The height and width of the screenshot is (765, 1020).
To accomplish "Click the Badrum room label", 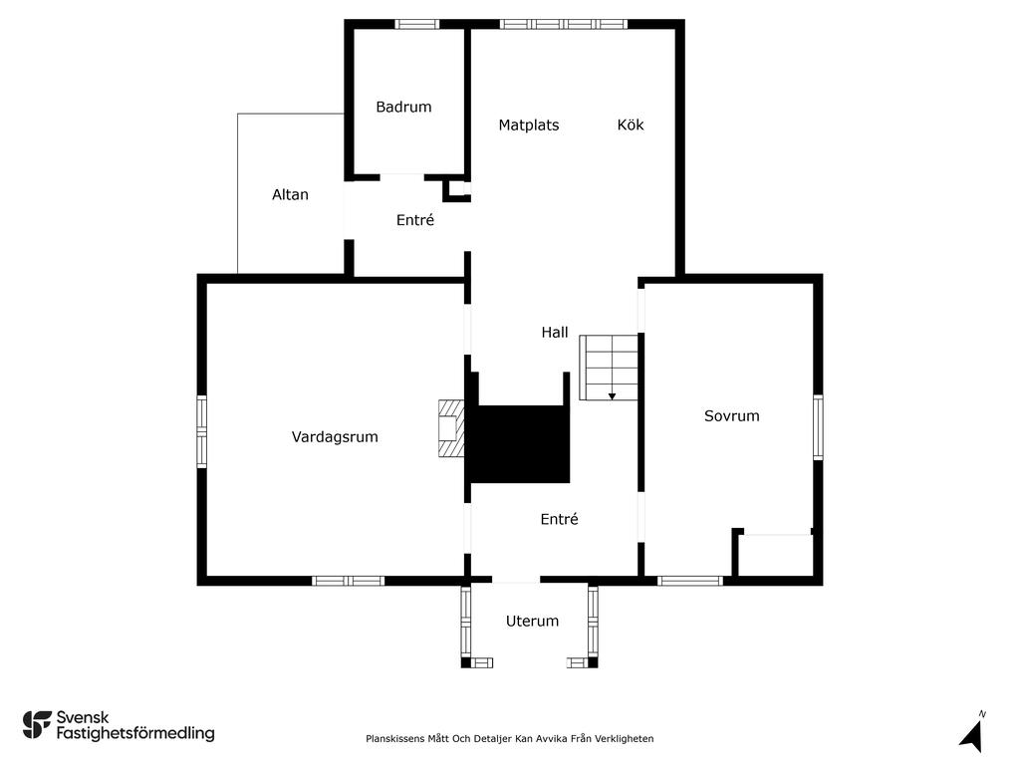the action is [x=403, y=107].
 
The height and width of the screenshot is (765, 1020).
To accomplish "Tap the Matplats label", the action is [x=528, y=125].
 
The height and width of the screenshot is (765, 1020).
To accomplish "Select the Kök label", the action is [x=631, y=125].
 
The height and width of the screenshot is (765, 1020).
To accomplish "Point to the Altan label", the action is [x=290, y=194].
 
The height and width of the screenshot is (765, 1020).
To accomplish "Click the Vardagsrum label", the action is [x=335, y=437].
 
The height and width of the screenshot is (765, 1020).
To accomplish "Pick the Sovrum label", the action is [x=732, y=415].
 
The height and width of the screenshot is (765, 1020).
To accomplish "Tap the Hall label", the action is [x=555, y=333].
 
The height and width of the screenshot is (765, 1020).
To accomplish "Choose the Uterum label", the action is [x=532, y=622].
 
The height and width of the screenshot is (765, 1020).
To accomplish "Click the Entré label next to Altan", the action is [x=415, y=220].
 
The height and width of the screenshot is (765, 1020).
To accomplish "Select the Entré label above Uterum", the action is [x=560, y=518].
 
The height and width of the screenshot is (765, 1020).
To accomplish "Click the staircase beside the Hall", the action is [x=609, y=368].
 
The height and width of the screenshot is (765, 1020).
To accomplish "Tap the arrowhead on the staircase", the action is [x=613, y=396].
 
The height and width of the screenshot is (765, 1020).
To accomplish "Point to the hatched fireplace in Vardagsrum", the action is [x=451, y=428].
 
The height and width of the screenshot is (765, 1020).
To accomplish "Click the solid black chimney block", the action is [x=520, y=444].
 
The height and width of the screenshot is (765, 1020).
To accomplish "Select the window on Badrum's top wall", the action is [x=417, y=24].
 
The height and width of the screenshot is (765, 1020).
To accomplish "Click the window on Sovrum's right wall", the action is [x=818, y=427].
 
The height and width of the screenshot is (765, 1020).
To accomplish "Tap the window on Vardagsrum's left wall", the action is [x=201, y=431].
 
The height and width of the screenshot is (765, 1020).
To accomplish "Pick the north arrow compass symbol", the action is [x=972, y=733].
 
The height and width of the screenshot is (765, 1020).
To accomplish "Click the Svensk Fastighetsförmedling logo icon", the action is [x=37, y=725].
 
